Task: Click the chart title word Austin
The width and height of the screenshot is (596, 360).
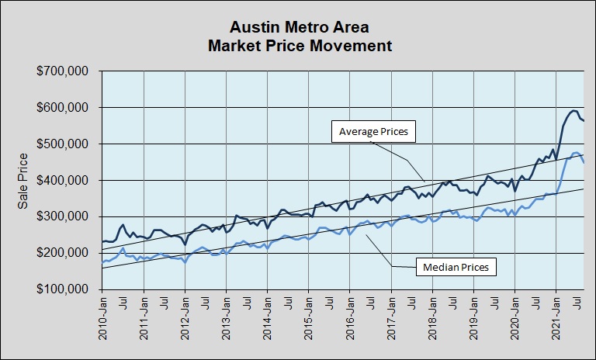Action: click(248, 28)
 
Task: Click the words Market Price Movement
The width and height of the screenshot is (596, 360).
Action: click(300, 46)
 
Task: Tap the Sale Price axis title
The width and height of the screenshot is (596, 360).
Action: click(24, 180)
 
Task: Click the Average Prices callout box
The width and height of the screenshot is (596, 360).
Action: click(373, 132)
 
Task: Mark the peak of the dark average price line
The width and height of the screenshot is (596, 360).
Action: click(574, 111)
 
